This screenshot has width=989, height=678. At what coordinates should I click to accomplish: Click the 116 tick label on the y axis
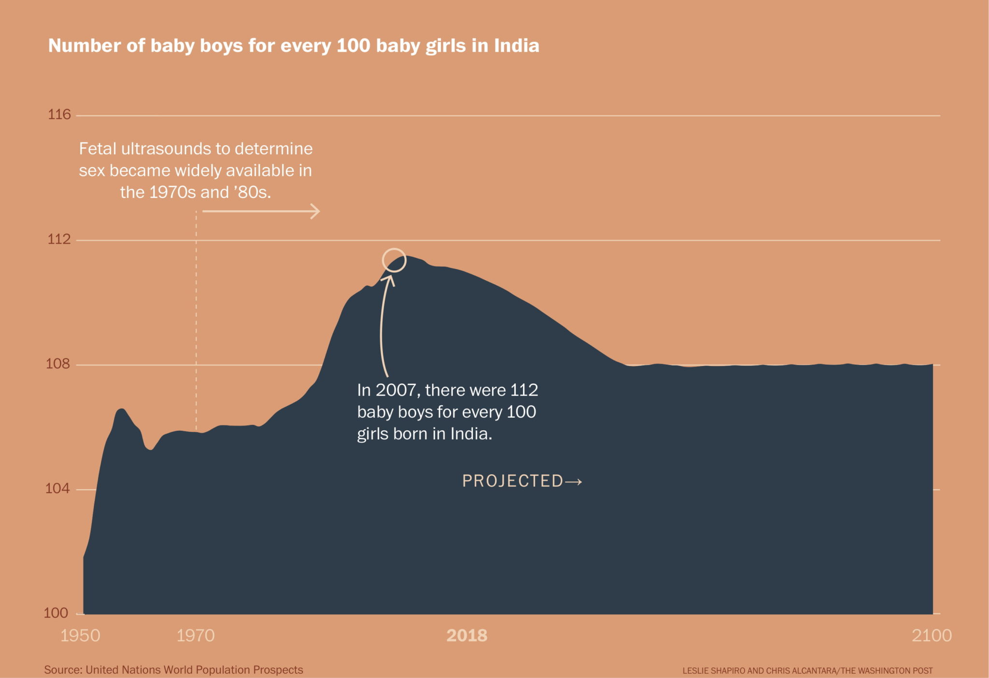point(59,114)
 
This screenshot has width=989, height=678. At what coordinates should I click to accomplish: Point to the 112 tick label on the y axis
point(59,239)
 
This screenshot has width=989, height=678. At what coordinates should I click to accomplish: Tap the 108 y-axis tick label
point(58,364)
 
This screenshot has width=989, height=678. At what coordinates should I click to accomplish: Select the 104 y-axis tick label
point(57,488)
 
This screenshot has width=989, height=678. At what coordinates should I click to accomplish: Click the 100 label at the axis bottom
point(56,613)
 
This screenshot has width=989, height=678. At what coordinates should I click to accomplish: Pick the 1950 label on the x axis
point(80,636)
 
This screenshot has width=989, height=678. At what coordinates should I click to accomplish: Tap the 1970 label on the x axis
point(196,636)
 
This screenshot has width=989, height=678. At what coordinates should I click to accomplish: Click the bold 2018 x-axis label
point(467,636)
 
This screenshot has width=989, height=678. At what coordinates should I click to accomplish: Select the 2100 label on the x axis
point(932,636)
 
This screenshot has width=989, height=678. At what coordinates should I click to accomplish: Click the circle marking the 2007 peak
point(394,260)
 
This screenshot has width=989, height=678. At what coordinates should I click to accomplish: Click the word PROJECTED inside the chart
point(513,481)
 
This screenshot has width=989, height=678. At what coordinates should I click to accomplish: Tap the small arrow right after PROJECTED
point(574,481)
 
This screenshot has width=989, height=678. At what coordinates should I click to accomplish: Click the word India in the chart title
point(517,45)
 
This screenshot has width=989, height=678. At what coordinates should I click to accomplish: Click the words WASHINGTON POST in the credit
point(895,671)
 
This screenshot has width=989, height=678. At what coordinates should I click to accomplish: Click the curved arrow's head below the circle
point(389,279)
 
